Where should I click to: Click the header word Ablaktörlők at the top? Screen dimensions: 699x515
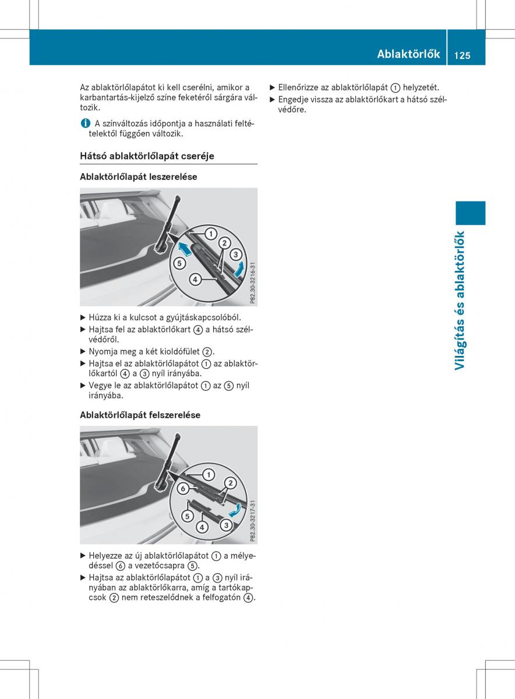(x=408, y=54)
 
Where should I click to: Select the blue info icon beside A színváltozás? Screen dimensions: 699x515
(x=85, y=123)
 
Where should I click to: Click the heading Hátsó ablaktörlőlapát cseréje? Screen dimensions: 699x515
(x=147, y=156)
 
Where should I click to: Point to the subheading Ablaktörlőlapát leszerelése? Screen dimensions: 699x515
(x=139, y=176)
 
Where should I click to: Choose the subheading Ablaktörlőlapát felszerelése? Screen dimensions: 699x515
(x=140, y=415)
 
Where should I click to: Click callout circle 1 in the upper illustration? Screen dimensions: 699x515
(x=207, y=234)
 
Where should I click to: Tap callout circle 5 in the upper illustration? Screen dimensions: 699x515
(x=179, y=263)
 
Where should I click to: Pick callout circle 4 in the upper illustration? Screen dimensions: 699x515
(x=195, y=280)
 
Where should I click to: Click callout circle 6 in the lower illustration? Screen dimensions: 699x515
(x=182, y=488)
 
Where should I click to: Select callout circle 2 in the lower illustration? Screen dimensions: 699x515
(x=230, y=483)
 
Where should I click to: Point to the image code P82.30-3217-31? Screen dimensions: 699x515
(x=252, y=520)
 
